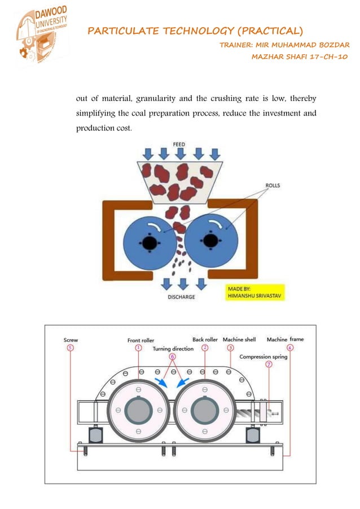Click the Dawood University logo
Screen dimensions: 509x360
pos(41,37)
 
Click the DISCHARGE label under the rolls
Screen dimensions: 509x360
pos(182,297)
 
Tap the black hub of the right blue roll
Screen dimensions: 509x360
pos(210,241)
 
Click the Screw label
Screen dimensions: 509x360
pos(71,340)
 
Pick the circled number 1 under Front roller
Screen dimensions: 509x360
pos(138,348)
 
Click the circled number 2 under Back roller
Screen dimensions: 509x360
pos(205,348)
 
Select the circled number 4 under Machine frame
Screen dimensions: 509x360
pos(289,348)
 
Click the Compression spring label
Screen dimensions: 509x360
pos(264,357)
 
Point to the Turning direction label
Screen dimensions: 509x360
pos(173,349)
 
